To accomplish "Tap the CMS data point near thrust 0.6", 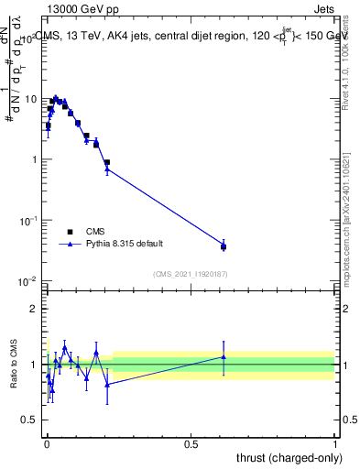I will (x=224, y=247).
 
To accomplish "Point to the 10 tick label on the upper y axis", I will (x=30, y=99).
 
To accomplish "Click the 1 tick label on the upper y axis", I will (x=33, y=159).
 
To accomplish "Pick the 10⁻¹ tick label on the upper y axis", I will (x=29, y=220).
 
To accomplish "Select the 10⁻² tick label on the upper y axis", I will (x=29, y=280).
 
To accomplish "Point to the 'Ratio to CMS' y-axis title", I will (x=14, y=365).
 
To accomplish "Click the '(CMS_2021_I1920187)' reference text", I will (x=191, y=273).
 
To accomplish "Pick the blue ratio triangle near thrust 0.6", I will (x=224, y=357).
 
